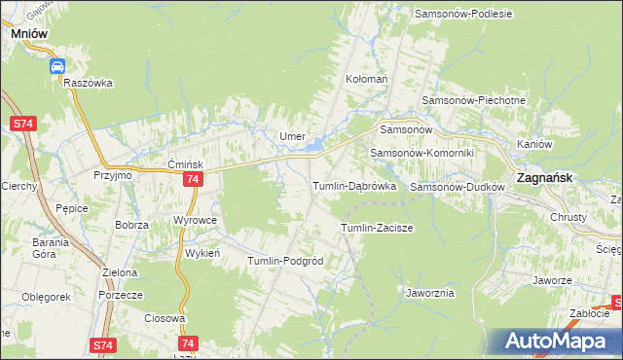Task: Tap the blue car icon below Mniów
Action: click(x=57, y=66)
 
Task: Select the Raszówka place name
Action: click(x=89, y=84)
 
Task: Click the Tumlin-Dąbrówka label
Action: click(x=352, y=186)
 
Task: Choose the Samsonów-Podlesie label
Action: click(x=463, y=14)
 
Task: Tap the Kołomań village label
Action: click(x=367, y=78)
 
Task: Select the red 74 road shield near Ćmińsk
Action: click(x=193, y=180)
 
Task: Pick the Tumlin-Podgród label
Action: click(x=285, y=262)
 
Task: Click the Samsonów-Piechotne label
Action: click(x=473, y=101)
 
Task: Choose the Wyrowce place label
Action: click(x=194, y=221)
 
